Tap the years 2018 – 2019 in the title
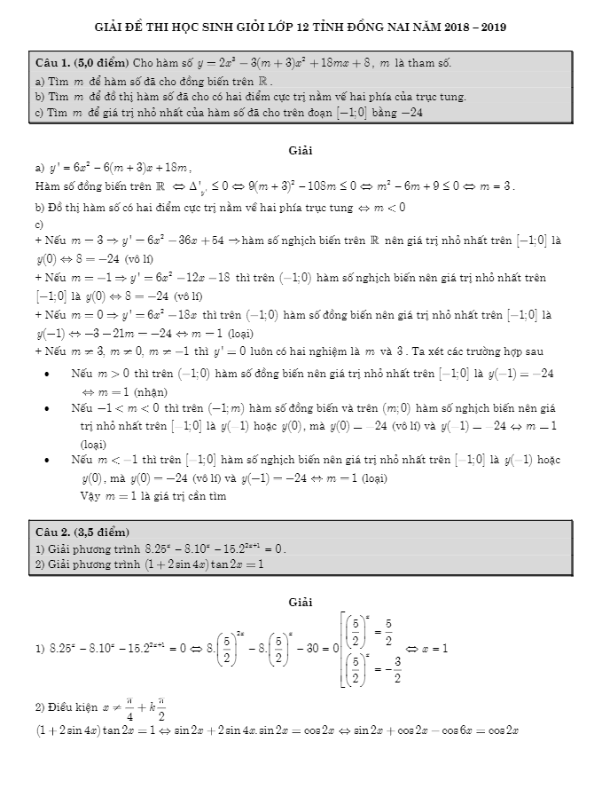[x=476, y=28]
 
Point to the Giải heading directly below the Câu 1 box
[x=301, y=150]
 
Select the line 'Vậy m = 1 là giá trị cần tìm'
[x=152, y=495]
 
